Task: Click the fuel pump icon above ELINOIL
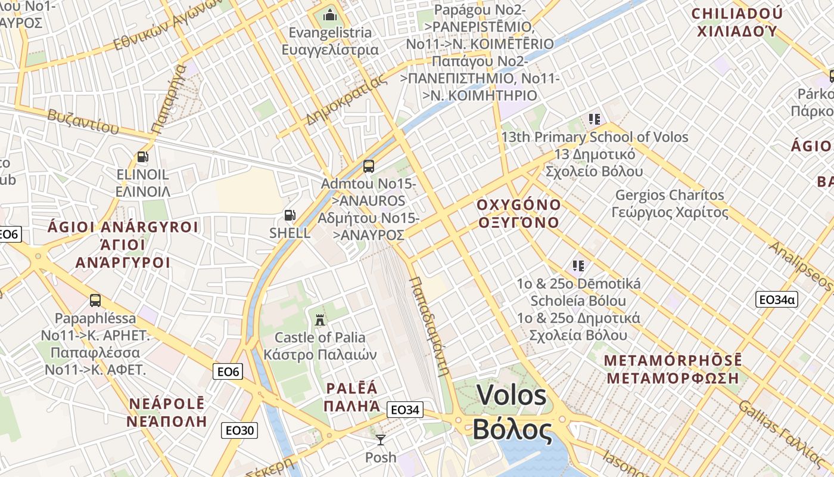click(142, 157)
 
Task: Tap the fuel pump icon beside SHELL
click(290, 215)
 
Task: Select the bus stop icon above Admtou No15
click(369, 166)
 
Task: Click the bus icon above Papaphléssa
click(95, 300)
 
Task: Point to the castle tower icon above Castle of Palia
click(320, 319)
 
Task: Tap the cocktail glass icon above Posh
click(380, 440)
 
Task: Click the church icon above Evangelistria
click(329, 14)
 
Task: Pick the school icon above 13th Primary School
click(593, 119)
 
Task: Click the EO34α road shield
click(776, 299)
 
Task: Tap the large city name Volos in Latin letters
click(512, 395)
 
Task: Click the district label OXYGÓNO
click(519, 205)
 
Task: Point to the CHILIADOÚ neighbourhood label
click(737, 14)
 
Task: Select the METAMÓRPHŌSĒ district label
click(673, 361)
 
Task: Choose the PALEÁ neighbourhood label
click(352, 389)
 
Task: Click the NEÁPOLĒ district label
click(167, 404)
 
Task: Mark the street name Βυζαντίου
click(79, 120)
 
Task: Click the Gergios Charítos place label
click(670, 195)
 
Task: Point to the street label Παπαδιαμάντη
click(429, 326)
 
